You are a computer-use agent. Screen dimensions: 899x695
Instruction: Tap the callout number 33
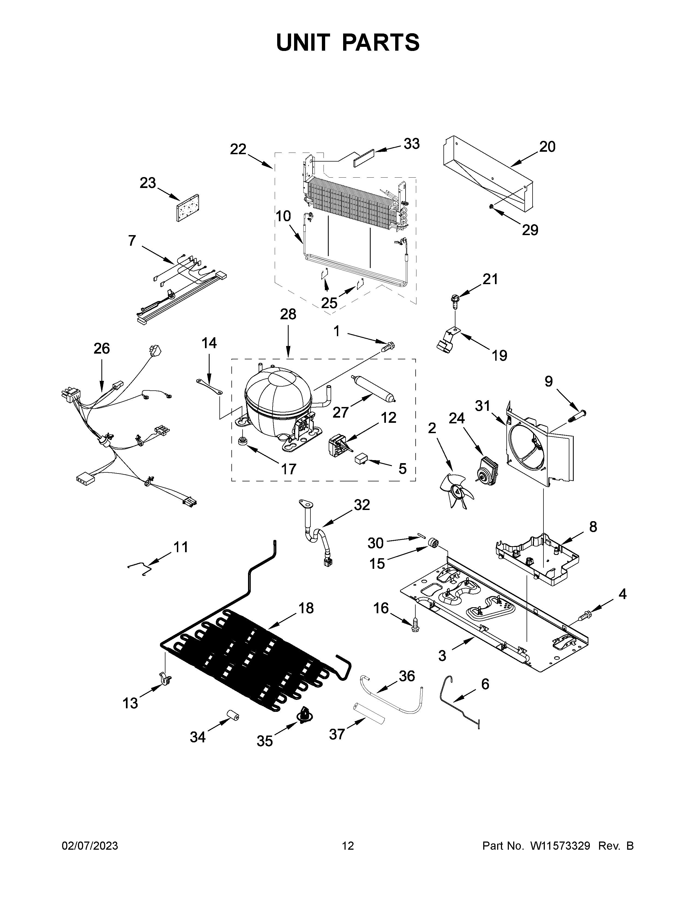point(411,144)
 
